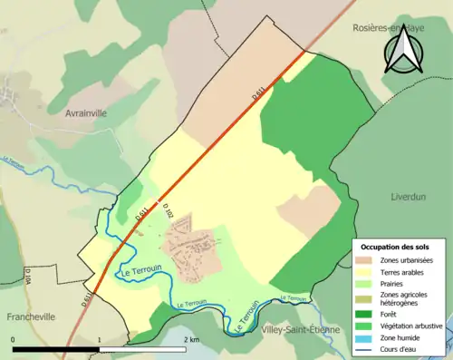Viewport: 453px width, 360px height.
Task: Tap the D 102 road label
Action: click(x=166, y=209)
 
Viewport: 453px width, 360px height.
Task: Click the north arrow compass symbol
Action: click(x=401, y=49)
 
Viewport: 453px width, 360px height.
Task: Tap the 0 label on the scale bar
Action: click(x=14, y=339)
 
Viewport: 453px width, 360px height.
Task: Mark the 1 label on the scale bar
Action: click(x=99, y=339)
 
